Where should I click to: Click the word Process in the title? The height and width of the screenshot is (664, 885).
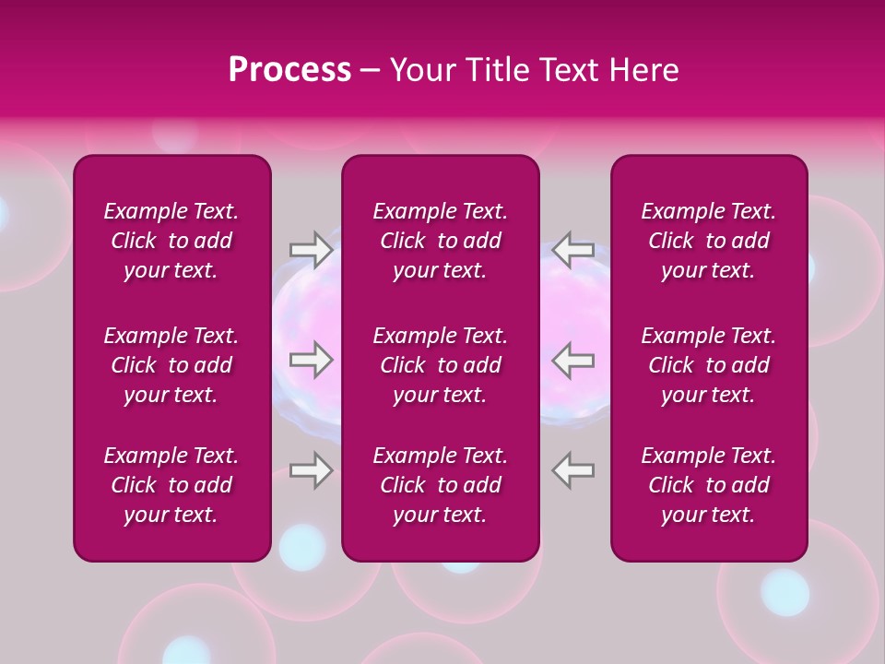coord(289,70)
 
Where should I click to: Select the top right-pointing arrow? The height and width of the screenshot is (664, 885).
coord(311,249)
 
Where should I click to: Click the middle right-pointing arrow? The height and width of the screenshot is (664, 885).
coord(311,360)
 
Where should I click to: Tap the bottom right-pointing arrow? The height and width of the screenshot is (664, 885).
coord(311,470)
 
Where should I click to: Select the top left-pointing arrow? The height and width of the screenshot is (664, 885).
coord(573,249)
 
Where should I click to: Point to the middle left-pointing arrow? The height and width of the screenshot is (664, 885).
coord(573,360)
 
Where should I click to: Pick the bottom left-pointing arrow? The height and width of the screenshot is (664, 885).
coord(573,470)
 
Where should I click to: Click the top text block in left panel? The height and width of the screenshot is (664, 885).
coord(171,241)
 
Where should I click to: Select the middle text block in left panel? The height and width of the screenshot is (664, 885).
coord(171,365)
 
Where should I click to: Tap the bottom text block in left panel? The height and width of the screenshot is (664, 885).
coord(171,485)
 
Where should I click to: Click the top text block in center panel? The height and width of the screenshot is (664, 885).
coord(440,241)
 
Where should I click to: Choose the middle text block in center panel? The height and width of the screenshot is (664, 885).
coord(440,365)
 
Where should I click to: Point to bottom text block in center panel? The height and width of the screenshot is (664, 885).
coord(440,485)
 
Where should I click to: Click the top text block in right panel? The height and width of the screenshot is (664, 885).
coord(708,241)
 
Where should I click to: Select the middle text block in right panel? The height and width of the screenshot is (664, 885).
coord(708,365)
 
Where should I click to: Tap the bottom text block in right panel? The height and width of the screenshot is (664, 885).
coord(708,485)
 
